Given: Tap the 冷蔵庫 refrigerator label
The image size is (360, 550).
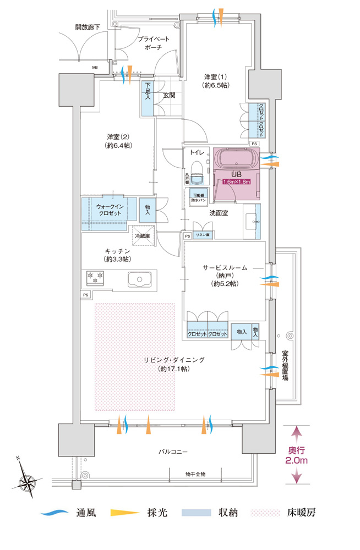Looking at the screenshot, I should pyautogui.click(x=145, y=236).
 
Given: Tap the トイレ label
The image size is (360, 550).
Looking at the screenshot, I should pyautogui.click(x=197, y=152).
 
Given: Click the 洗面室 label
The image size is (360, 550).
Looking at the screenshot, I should pyautogui.click(x=219, y=212).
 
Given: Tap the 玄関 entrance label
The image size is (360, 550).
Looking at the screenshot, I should pyautogui.click(x=169, y=95).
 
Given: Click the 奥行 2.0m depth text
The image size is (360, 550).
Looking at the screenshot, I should pyautogui.click(x=297, y=454).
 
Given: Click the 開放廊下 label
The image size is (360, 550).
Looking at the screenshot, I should pyautogui.click(x=88, y=26).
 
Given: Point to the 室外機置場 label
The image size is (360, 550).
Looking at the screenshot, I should pyautogui.click(x=286, y=368).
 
